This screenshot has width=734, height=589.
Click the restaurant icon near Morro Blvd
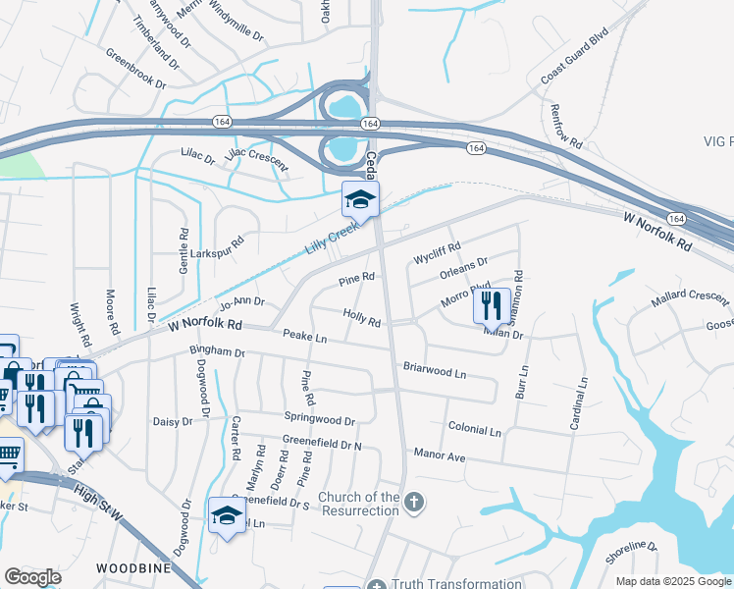[x=492, y=305]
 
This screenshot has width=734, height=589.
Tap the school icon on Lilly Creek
[x=360, y=199]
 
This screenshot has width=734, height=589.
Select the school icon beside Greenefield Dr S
[x=227, y=515]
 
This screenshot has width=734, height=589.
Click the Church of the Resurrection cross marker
[x=414, y=504]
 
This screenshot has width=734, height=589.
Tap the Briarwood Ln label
[x=434, y=371]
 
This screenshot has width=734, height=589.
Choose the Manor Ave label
[x=439, y=456]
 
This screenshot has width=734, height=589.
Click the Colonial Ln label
[x=474, y=430]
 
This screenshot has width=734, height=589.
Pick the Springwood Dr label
[x=319, y=420]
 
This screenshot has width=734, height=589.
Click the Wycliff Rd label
[x=437, y=252]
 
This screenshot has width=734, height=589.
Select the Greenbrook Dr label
[x=135, y=68]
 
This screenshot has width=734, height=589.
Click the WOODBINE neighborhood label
[x=134, y=568]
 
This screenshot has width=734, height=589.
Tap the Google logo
[x=32, y=577]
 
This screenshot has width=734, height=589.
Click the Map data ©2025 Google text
[x=673, y=581]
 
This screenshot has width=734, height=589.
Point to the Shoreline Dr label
[x=632, y=553]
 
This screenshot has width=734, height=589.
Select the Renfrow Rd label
[x=566, y=127]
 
